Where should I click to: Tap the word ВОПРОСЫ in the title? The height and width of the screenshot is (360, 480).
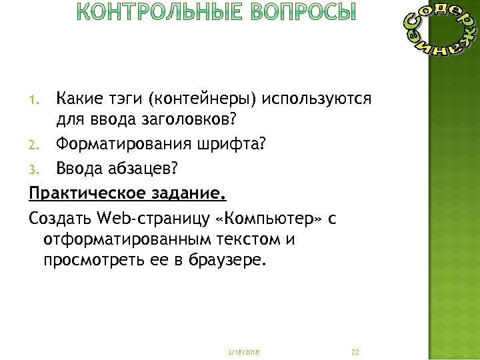[x=301, y=13]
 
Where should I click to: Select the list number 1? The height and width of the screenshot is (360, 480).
[x=36, y=101]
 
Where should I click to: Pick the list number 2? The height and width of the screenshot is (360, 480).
[x=36, y=145]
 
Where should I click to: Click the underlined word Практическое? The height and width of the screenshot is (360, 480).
[x=87, y=193]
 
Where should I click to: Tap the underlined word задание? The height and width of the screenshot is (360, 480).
[x=188, y=193]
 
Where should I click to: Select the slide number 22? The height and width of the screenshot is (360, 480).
[x=355, y=351]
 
